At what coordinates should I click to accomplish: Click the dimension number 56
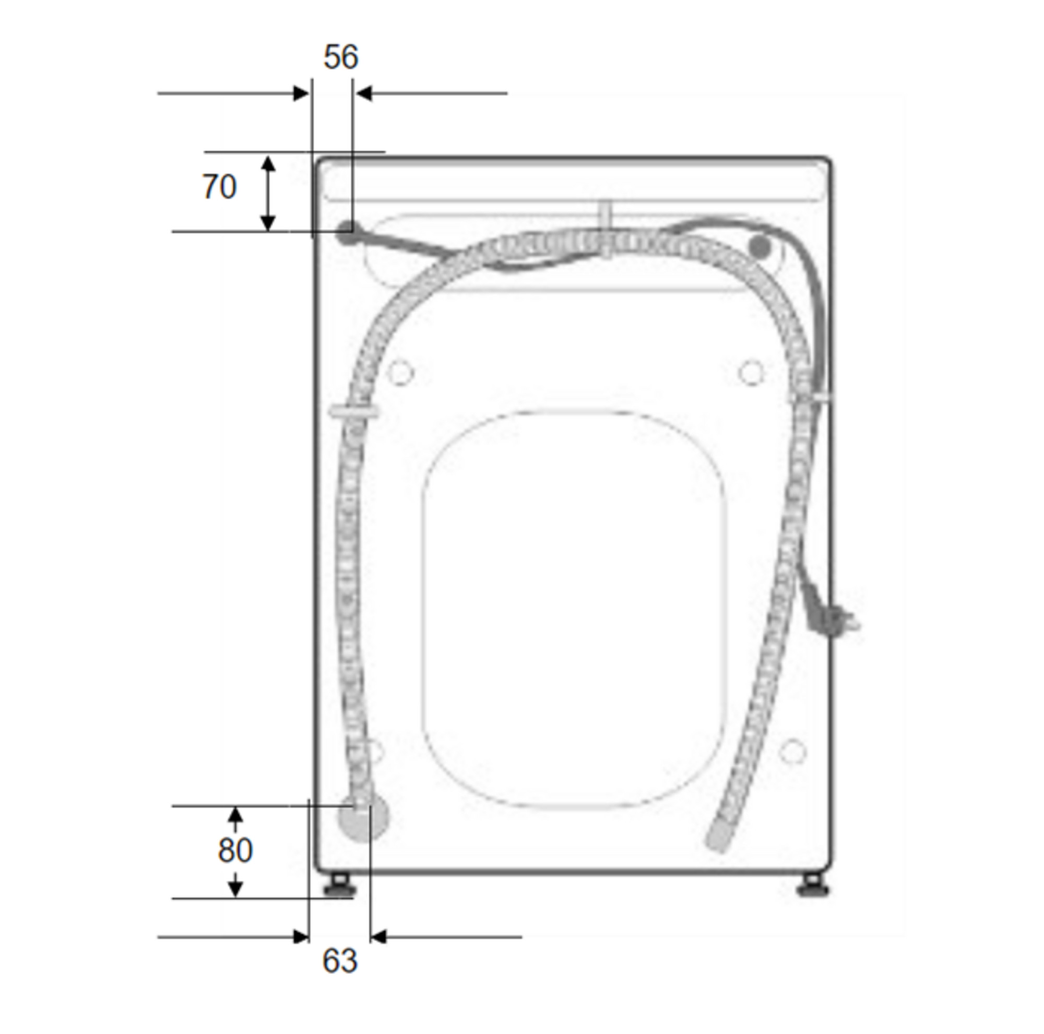coord(340,57)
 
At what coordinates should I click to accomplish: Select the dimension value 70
coord(219,187)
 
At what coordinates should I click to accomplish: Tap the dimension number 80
coord(235,850)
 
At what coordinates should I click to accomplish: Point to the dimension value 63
coord(340,960)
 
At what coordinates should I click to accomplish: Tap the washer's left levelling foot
coord(338,886)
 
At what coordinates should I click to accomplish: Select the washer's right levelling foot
coord(812,886)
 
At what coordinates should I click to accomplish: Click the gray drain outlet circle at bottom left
coord(363,821)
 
